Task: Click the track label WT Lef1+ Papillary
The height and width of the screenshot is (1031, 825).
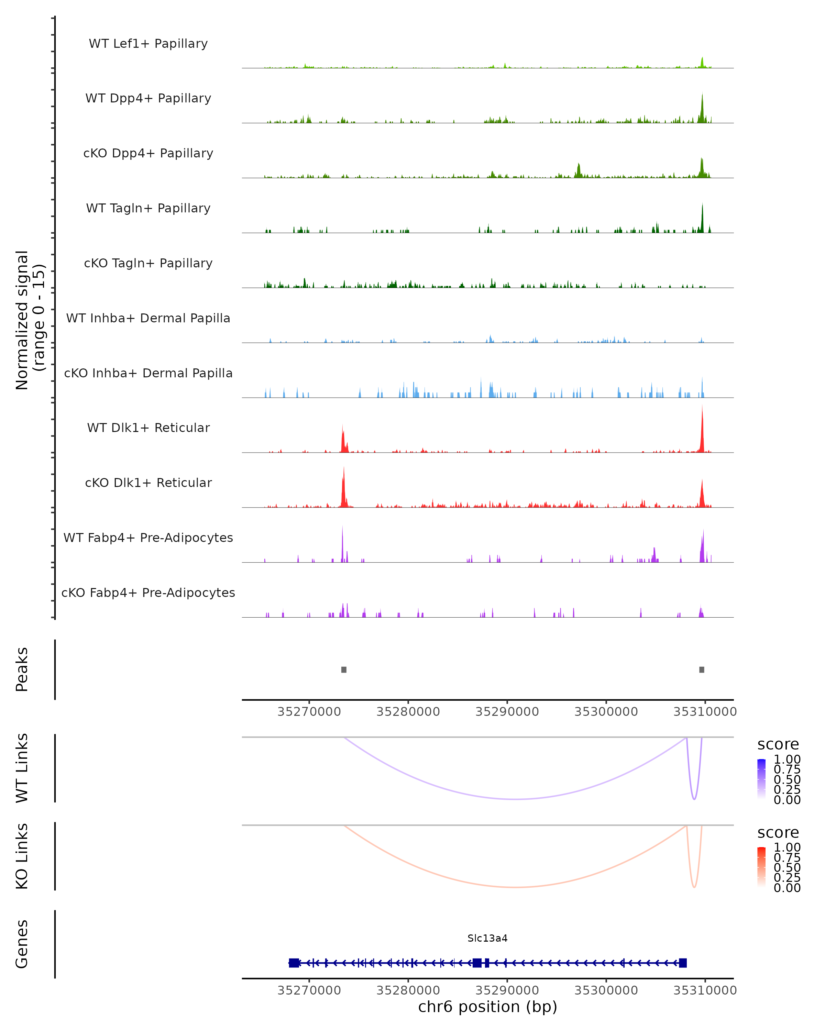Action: (x=148, y=44)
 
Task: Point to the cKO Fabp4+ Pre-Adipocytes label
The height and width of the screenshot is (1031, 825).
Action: (x=148, y=592)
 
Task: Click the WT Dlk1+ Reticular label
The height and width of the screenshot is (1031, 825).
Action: (x=148, y=428)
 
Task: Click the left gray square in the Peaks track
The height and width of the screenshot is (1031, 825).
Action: (x=344, y=669)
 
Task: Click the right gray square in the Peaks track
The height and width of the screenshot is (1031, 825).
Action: (x=702, y=669)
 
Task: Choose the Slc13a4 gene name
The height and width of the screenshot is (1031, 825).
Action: (x=487, y=938)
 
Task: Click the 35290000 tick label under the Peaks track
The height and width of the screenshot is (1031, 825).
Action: (x=507, y=712)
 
